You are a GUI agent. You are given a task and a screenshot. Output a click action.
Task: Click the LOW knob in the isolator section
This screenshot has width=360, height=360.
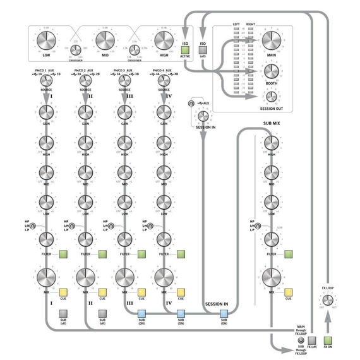click(46, 42)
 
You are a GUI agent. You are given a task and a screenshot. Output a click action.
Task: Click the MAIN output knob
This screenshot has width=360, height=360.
click(272, 42)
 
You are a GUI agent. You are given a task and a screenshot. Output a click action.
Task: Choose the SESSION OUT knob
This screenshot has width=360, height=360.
click(272, 96)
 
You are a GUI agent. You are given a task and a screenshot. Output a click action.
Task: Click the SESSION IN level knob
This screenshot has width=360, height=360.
click(203, 116)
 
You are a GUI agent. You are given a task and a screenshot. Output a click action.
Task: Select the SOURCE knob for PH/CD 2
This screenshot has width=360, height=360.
click(85, 81)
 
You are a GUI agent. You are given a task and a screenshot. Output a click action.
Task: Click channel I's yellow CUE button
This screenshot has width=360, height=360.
click(63, 292)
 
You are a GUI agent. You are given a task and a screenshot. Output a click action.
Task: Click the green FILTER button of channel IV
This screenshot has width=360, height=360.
click(181, 255)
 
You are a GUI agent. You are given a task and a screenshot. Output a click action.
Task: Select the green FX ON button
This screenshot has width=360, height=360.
click(328, 339)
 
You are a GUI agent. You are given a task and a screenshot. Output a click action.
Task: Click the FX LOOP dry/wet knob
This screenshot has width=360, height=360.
click(328, 301)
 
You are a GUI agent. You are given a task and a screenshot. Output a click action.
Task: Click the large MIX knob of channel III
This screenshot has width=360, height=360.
click(124, 277)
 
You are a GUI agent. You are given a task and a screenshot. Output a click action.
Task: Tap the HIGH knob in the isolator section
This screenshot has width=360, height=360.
click(164, 42)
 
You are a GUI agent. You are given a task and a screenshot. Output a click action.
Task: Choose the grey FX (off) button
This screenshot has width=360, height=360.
click(311, 339)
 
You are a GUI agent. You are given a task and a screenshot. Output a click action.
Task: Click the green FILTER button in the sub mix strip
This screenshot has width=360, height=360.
click(289, 255)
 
